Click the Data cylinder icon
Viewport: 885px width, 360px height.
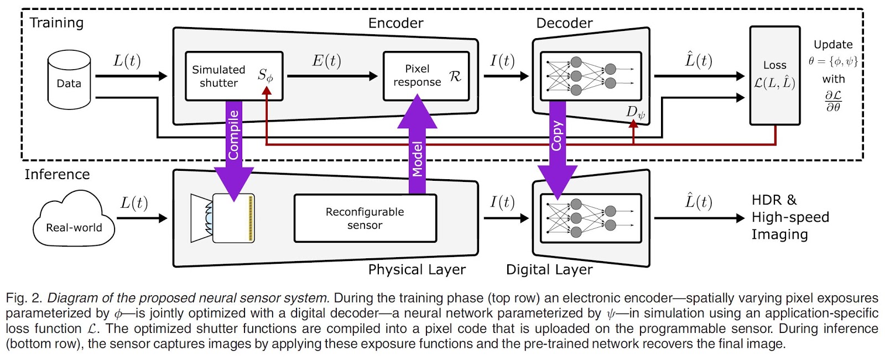[x=69, y=80]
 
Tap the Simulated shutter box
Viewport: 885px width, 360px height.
[x=233, y=76]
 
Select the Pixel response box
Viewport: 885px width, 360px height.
[x=426, y=76]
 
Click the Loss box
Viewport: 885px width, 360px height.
[x=774, y=76]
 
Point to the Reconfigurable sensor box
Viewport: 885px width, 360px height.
[x=365, y=218]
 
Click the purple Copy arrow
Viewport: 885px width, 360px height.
[x=558, y=147]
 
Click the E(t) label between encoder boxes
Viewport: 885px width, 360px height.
[x=326, y=61]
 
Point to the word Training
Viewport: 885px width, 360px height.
[x=56, y=23]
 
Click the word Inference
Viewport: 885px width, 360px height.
[x=57, y=174]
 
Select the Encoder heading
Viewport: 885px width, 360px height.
[x=395, y=23]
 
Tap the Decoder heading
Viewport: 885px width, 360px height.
[x=564, y=23]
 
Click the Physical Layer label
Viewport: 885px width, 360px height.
[x=417, y=269]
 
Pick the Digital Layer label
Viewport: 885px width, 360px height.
[x=549, y=269]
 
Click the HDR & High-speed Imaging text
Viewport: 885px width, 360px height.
[x=790, y=217]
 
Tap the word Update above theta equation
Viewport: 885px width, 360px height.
[x=833, y=45]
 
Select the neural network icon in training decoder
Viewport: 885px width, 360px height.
[x=590, y=76]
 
